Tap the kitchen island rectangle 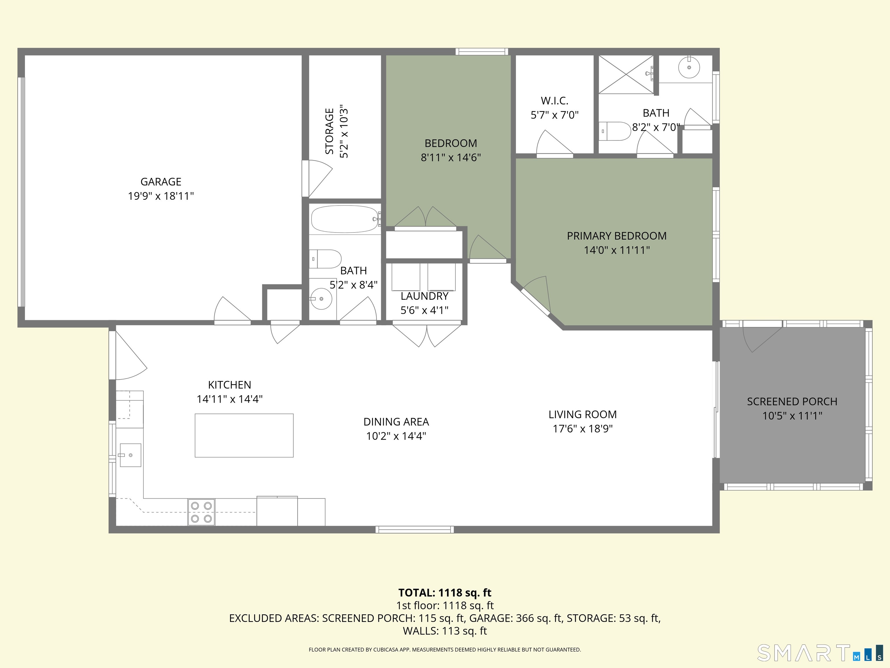point(244,435)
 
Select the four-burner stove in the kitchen point(201,512)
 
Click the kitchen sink point(130,455)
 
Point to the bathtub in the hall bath point(345,219)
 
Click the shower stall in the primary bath point(626,75)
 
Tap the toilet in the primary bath point(616,131)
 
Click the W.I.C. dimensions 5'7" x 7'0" point(555,115)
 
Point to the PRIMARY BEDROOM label point(617,236)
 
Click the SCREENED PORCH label point(792,402)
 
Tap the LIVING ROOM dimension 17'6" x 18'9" point(582,429)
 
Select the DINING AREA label point(396,422)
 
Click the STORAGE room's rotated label point(329,131)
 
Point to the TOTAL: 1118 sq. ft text point(445,593)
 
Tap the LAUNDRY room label point(424,296)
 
